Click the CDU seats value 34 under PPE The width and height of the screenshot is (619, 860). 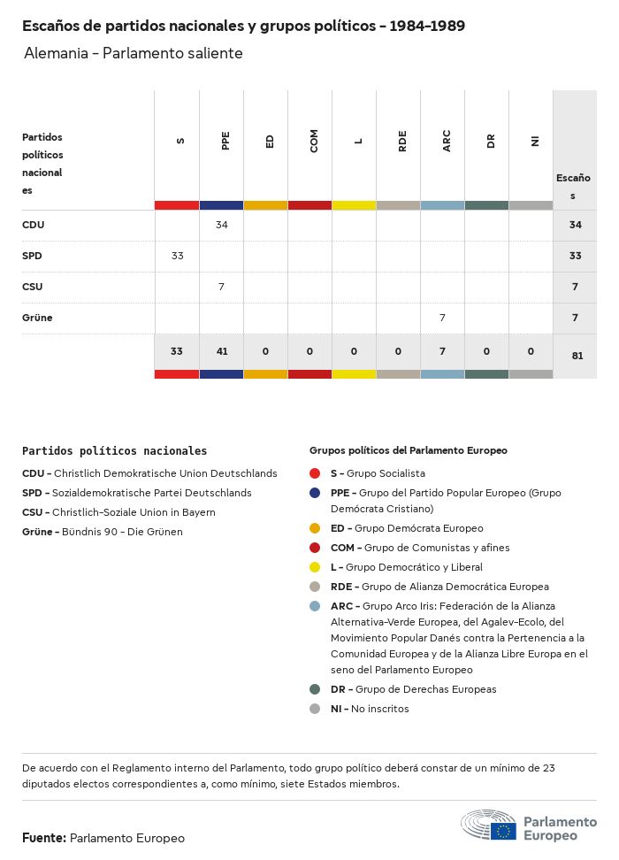click(221, 225)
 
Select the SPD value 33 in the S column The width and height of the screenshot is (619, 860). click(177, 256)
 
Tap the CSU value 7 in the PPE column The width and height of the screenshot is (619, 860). click(221, 287)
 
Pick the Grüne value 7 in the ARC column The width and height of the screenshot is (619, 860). click(442, 317)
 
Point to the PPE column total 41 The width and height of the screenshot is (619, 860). click(221, 351)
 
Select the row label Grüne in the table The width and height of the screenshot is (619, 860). click(37, 317)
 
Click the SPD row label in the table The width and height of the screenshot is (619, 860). click(32, 256)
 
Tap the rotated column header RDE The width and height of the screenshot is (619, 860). click(402, 142)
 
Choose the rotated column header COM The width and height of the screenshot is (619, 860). click(314, 142)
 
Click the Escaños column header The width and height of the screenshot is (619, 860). click(573, 186)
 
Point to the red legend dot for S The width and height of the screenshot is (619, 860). click(315, 473)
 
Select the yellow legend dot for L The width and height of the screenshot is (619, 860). click(315, 567)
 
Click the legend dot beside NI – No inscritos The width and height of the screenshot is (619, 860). click(315, 709)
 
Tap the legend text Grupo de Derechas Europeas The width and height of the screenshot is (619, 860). click(425, 689)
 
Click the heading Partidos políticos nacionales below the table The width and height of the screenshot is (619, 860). click(115, 450)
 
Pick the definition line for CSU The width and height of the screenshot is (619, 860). click(118, 512)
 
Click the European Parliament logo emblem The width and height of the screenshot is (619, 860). click(489, 826)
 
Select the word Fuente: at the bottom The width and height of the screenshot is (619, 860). click(43, 838)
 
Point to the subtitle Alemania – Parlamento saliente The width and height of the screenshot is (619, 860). click(134, 53)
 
